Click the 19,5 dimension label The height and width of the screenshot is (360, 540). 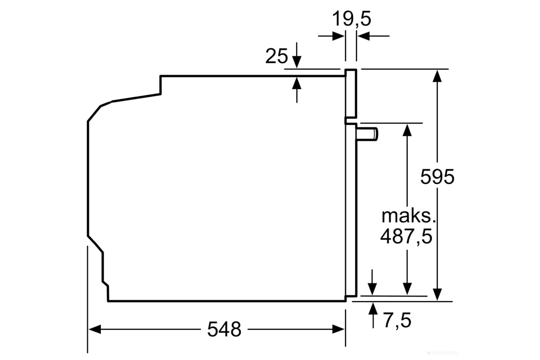pyautogui.click(x=352, y=19)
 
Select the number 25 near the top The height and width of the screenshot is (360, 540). pyautogui.click(x=276, y=56)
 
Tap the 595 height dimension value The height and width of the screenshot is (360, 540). pyautogui.click(x=437, y=177)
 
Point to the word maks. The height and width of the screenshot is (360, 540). pyautogui.click(x=409, y=216)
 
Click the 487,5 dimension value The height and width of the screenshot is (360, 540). pyautogui.click(x=406, y=237)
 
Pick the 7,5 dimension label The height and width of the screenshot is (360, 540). pyautogui.click(x=398, y=320)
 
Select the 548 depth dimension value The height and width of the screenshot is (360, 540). pyautogui.click(x=224, y=329)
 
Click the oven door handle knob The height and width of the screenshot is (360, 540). pyautogui.click(x=367, y=134)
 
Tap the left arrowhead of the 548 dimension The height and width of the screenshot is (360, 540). pyautogui.click(x=95, y=329)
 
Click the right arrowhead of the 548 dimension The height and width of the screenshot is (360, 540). pyautogui.click(x=338, y=329)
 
